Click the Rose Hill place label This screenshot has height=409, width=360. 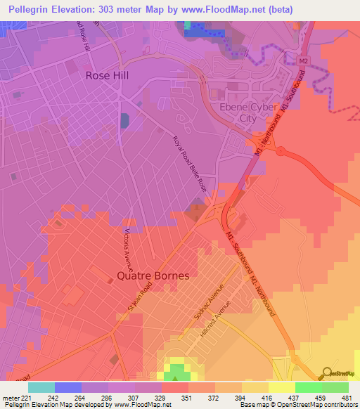(108, 74)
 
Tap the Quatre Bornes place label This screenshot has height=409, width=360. (153, 275)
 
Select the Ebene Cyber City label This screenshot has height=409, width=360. (239, 113)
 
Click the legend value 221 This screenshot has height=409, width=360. (27, 397)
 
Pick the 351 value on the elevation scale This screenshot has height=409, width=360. (186, 397)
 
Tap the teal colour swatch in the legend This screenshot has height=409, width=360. (41, 387)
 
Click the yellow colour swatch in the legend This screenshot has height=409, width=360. (282, 387)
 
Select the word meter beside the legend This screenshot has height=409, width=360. (11, 397)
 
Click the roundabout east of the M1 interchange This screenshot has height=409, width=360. (281, 150)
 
